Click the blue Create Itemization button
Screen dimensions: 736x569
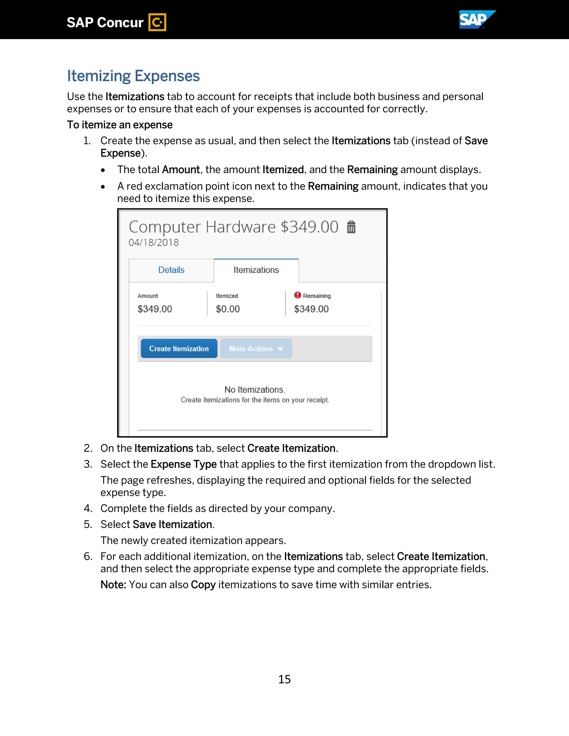pyautogui.click(x=179, y=349)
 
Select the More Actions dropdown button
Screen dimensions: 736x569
pyautogui.click(x=256, y=349)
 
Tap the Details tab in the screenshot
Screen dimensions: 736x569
pyautogui.click(x=171, y=270)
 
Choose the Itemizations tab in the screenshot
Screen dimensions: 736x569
pyautogui.click(x=256, y=270)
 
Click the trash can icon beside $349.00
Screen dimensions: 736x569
pyautogui.click(x=351, y=227)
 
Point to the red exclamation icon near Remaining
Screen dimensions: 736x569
pyautogui.click(x=297, y=295)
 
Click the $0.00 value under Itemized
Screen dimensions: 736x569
pyautogui.click(x=228, y=309)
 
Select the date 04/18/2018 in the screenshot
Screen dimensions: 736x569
pyautogui.click(x=153, y=242)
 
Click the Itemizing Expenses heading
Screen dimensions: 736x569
pyautogui.click(x=133, y=76)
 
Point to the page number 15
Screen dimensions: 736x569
pyautogui.click(x=284, y=679)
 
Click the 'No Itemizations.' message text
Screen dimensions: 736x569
pyautogui.click(x=254, y=390)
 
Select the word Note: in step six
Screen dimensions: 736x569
pyautogui.click(x=113, y=585)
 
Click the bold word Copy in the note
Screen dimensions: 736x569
pyautogui.click(x=203, y=585)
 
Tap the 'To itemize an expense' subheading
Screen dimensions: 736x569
pyautogui.click(x=120, y=125)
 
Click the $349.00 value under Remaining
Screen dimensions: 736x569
pyautogui.click(x=311, y=309)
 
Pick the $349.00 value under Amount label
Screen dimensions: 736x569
pyautogui.click(x=155, y=309)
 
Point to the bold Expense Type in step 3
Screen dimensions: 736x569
pyautogui.click(x=183, y=464)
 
